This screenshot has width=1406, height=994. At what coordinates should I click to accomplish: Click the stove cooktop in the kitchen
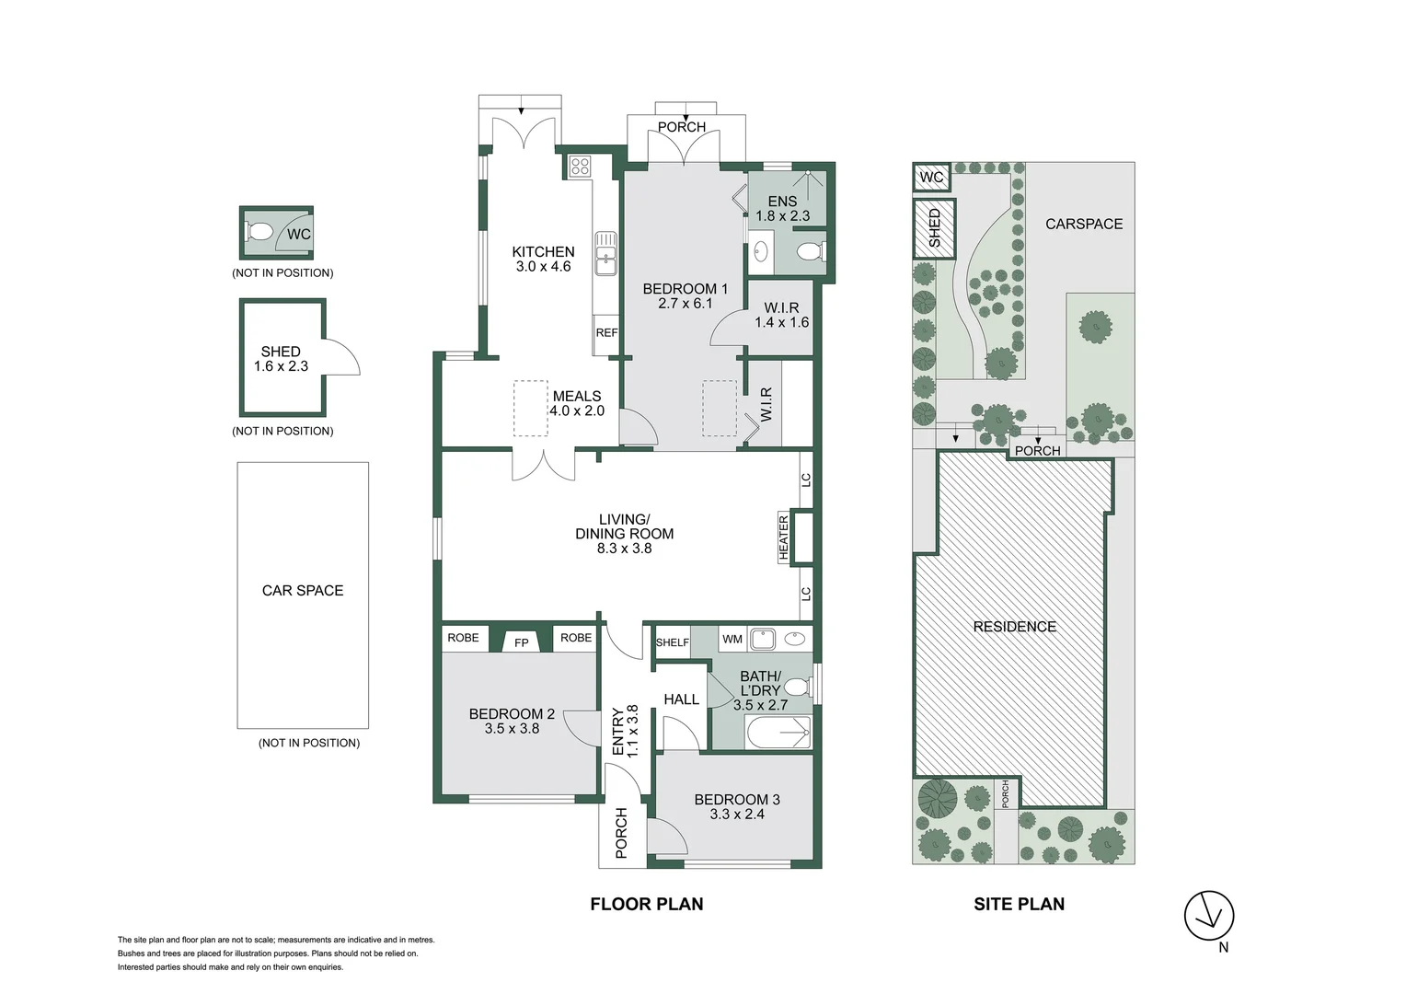[x=580, y=167]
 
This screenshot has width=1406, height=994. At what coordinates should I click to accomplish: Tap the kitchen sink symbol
[x=605, y=254]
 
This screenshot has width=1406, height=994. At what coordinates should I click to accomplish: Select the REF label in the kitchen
[x=606, y=333]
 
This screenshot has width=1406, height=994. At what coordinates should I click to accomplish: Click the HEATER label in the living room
[x=784, y=537]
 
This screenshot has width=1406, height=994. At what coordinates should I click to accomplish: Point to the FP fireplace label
[x=522, y=642]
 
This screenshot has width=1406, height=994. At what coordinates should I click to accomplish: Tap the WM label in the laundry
[x=732, y=639]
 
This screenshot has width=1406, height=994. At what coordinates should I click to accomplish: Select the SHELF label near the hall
[x=672, y=642]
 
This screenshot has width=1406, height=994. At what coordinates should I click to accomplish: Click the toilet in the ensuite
[x=811, y=250]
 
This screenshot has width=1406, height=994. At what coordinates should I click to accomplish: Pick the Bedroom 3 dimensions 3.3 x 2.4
[x=737, y=815]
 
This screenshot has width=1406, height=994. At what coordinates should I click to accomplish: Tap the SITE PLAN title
[x=1019, y=905]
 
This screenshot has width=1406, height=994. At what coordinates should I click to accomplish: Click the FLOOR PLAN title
[x=647, y=905]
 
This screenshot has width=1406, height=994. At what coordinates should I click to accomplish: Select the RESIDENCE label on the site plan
[x=1014, y=627]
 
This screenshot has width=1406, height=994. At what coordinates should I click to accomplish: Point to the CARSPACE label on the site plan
[x=1084, y=224]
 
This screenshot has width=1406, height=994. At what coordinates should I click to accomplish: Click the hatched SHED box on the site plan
[x=933, y=228]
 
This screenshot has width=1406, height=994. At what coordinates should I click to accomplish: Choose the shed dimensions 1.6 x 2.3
[x=281, y=366]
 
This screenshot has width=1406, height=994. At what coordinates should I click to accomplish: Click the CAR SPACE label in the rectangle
[x=303, y=591]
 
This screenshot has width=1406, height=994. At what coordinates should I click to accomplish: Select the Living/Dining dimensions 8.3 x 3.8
[x=624, y=549]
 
